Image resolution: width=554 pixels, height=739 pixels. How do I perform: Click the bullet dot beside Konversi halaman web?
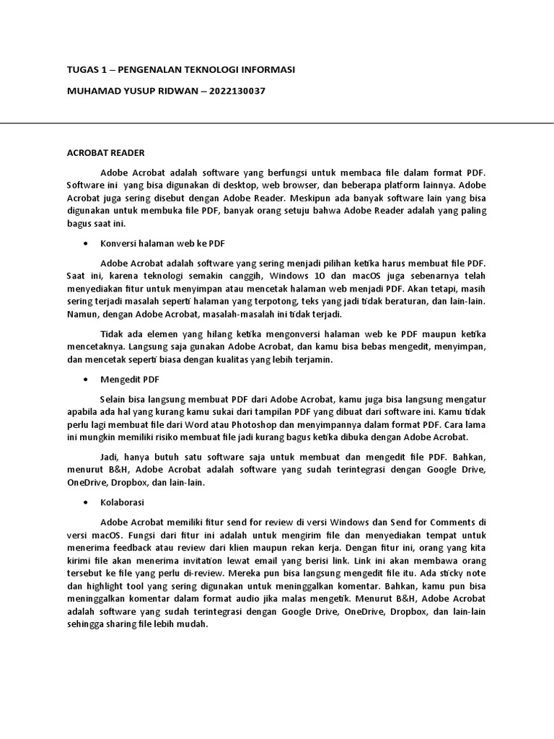point(87,245)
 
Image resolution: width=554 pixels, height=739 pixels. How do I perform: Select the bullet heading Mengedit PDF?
point(130,378)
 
